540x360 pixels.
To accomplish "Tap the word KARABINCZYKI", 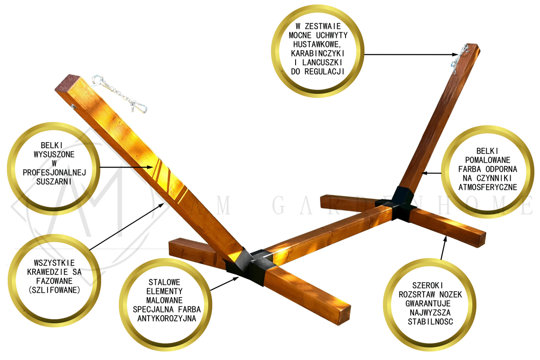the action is pyautogui.click(x=318, y=53).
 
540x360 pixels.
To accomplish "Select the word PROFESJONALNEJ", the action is pyautogui.click(x=54, y=173).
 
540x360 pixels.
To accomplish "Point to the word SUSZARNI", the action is pyautogui.click(x=54, y=182).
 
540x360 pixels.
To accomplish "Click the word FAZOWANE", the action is pyautogui.click(x=54, y=281).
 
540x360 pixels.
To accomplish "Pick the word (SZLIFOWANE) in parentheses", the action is pyautogui.click(x=54, y=290).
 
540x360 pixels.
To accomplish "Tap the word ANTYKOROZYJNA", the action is pyautogui.click(x=166, y=319).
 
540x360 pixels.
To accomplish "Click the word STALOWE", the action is pyautogui.click(x=164, y=282).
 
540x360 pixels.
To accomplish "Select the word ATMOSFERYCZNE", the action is pyautogui.click(x=488, y=187).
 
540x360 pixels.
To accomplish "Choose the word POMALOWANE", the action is pyautogui.click(x=488, y=160).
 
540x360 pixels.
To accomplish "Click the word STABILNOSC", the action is pyautogui.click(x=430, y=322).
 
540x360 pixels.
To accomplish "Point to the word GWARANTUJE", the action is pyautogui.click(x=428, y=303).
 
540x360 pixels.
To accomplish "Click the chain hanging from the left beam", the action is pyautogui.click(x=119, y=94).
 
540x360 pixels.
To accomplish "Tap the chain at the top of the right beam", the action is pyautogui.click(x=459, y=59).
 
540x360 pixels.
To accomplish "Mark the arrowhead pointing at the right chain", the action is pyautogui.click(x=455, y=55).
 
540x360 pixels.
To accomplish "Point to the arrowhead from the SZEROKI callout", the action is pyautogui.click(x=445, y=239).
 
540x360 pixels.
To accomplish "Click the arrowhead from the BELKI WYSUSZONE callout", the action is pyautogui.click(x=150, y=167).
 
